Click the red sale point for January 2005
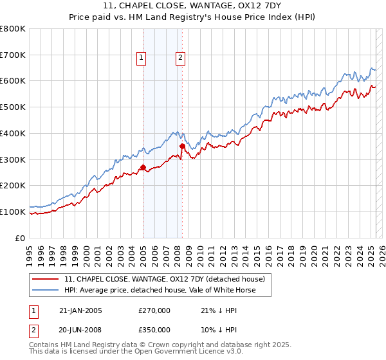point(143,168)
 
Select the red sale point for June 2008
point(182,147)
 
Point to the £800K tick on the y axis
point(14,29)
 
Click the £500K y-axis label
point(14,107)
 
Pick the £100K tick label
point(14,212)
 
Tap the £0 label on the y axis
point(20,238)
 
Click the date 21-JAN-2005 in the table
point(80,310)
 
